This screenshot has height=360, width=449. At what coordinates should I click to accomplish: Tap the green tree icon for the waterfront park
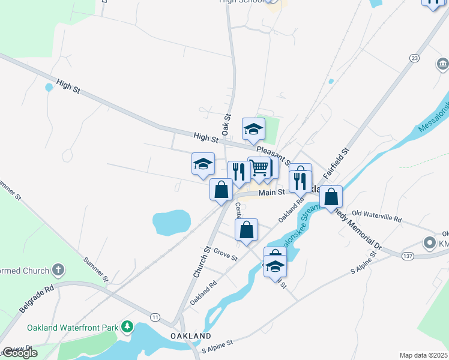(127, 327)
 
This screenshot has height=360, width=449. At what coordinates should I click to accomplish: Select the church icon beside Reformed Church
(58, 269)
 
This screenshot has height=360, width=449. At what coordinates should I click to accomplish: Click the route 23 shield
(414, 58)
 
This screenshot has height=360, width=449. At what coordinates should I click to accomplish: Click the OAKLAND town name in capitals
(190, 335)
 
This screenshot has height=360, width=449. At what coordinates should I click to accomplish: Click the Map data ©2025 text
(424, 355)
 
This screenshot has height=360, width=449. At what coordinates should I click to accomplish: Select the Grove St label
(225, 255)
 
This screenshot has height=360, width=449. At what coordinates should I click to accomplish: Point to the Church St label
(200, 262)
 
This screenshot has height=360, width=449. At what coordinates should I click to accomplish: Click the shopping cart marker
(259, 169)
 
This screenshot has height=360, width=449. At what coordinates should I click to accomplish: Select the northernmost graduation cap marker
(253, 128)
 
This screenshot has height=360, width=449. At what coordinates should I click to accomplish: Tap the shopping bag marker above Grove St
(246, 230)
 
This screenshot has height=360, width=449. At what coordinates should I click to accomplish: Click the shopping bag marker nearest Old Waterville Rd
(331, 196)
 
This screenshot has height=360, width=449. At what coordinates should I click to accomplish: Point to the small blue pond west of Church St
(172, 221)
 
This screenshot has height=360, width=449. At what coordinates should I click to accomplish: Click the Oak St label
(227, 124)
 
